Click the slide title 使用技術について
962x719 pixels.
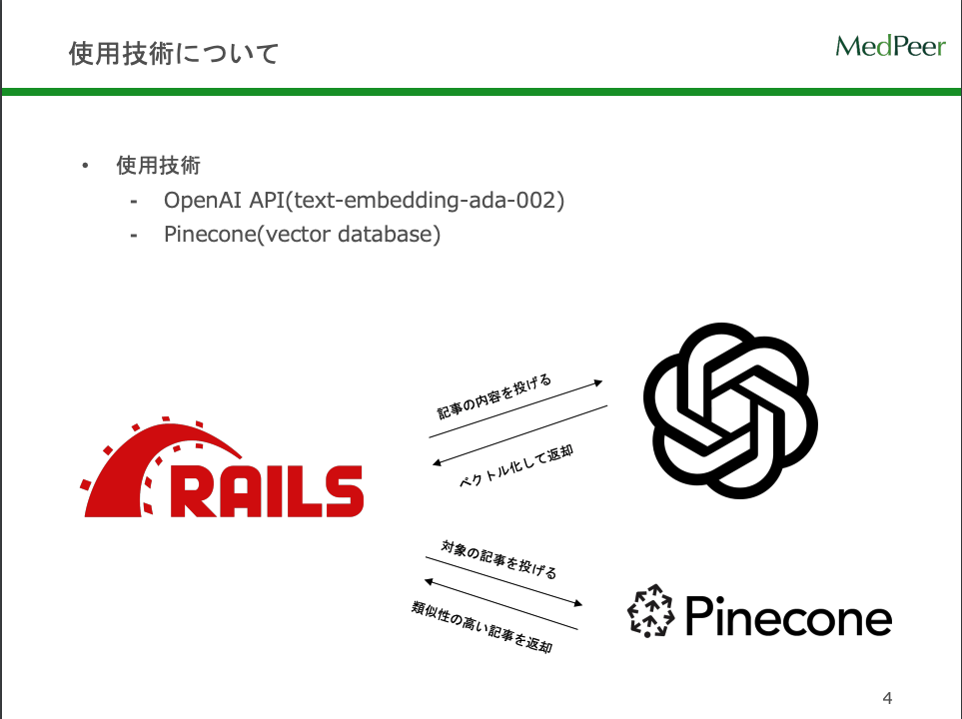coord(173,53)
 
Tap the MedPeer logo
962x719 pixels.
coord(890,46)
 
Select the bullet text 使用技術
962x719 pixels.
coord(158,165)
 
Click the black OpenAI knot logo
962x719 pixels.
coord(730,410)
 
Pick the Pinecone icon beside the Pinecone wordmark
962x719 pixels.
coord(651,610)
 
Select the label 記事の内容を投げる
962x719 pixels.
coord(494,397)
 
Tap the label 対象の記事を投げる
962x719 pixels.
coord(498,559)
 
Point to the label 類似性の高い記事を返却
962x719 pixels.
coord(481,627)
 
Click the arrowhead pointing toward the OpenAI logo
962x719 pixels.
coord(598,382)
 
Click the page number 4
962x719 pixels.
coord(887,696)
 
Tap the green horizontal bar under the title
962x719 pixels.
coord(481,92)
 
